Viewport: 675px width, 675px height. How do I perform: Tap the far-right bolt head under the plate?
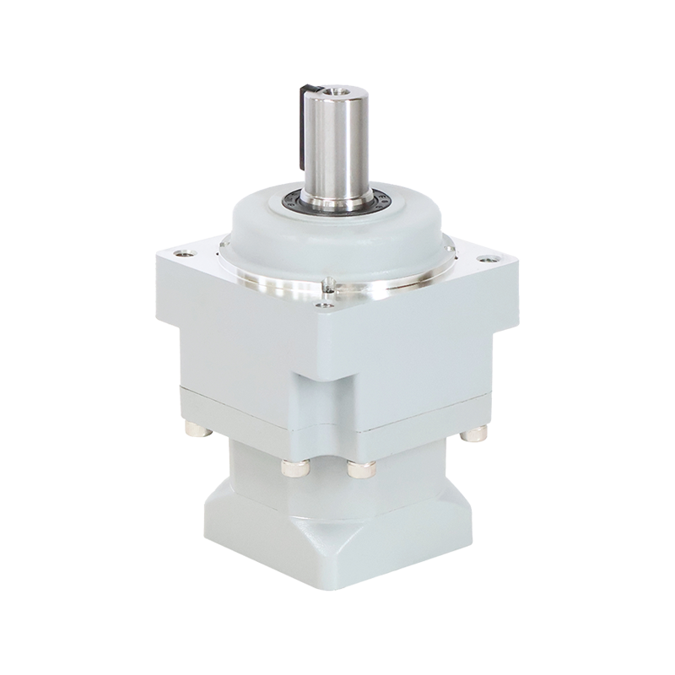(473, 435)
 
